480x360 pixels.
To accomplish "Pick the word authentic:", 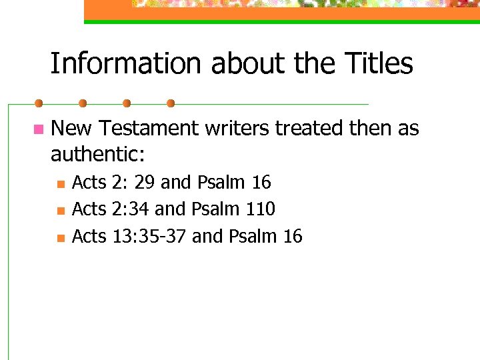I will click(x=98, y=155).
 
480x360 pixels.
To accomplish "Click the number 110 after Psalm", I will click(x=260, y=209).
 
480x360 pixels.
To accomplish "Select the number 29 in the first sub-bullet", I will click(x=145, y=183).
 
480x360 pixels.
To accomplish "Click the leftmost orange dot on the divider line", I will click(x=39, y=103).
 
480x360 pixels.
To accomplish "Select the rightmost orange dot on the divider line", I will click(x=171, y=103).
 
